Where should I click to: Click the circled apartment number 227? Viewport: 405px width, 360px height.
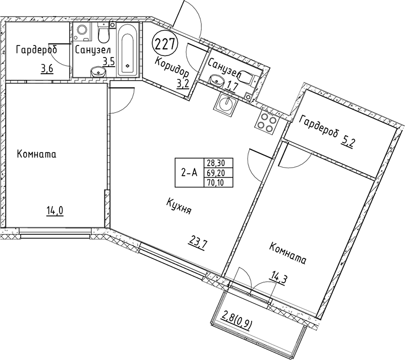coord(165,44)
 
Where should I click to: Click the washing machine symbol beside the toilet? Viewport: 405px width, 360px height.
coord(81,33)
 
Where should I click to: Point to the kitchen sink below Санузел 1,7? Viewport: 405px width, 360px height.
coord(225,105)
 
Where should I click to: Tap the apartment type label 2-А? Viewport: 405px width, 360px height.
coord(189,173)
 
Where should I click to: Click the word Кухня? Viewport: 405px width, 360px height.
coord(179,207)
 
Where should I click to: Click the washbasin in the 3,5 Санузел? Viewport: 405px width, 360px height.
coord(98,73)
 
